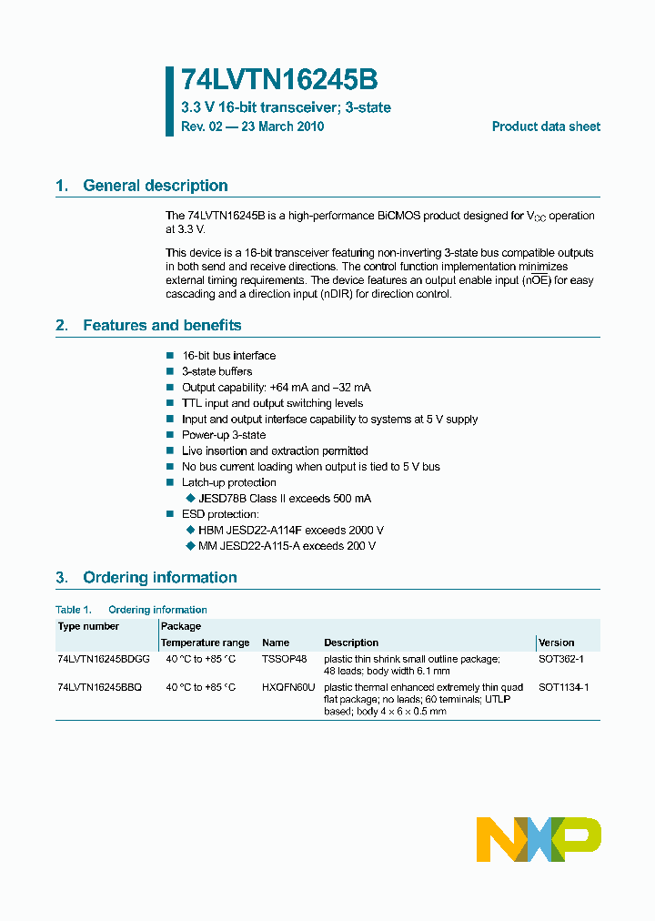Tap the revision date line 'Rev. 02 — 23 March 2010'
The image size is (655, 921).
coord(252,127)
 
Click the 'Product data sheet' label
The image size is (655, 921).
coord(546,127)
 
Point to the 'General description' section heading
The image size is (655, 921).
coord(155,186)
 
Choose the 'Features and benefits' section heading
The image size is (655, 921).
coord(162,325)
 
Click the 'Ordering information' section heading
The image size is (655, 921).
coord(159,577)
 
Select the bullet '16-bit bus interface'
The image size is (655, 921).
coord(228,356)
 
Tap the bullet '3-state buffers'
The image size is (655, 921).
coord(217,371)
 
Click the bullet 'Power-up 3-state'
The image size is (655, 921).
coord(224,435)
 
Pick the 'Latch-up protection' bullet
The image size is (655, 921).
coord(228,482)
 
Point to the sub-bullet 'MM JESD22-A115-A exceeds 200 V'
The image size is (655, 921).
coord(287,546)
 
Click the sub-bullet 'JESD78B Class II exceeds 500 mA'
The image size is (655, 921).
coord(284,499)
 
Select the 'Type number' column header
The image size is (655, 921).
coord(88,626)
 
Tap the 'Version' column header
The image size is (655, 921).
coord(556,643)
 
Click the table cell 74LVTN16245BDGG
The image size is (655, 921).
coord(100,659)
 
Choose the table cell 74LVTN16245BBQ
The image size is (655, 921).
coord(99,687)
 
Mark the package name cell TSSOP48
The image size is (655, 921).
coord(284,659)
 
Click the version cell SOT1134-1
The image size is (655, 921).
coord(563,687)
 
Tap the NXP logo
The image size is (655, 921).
coord(539,839)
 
